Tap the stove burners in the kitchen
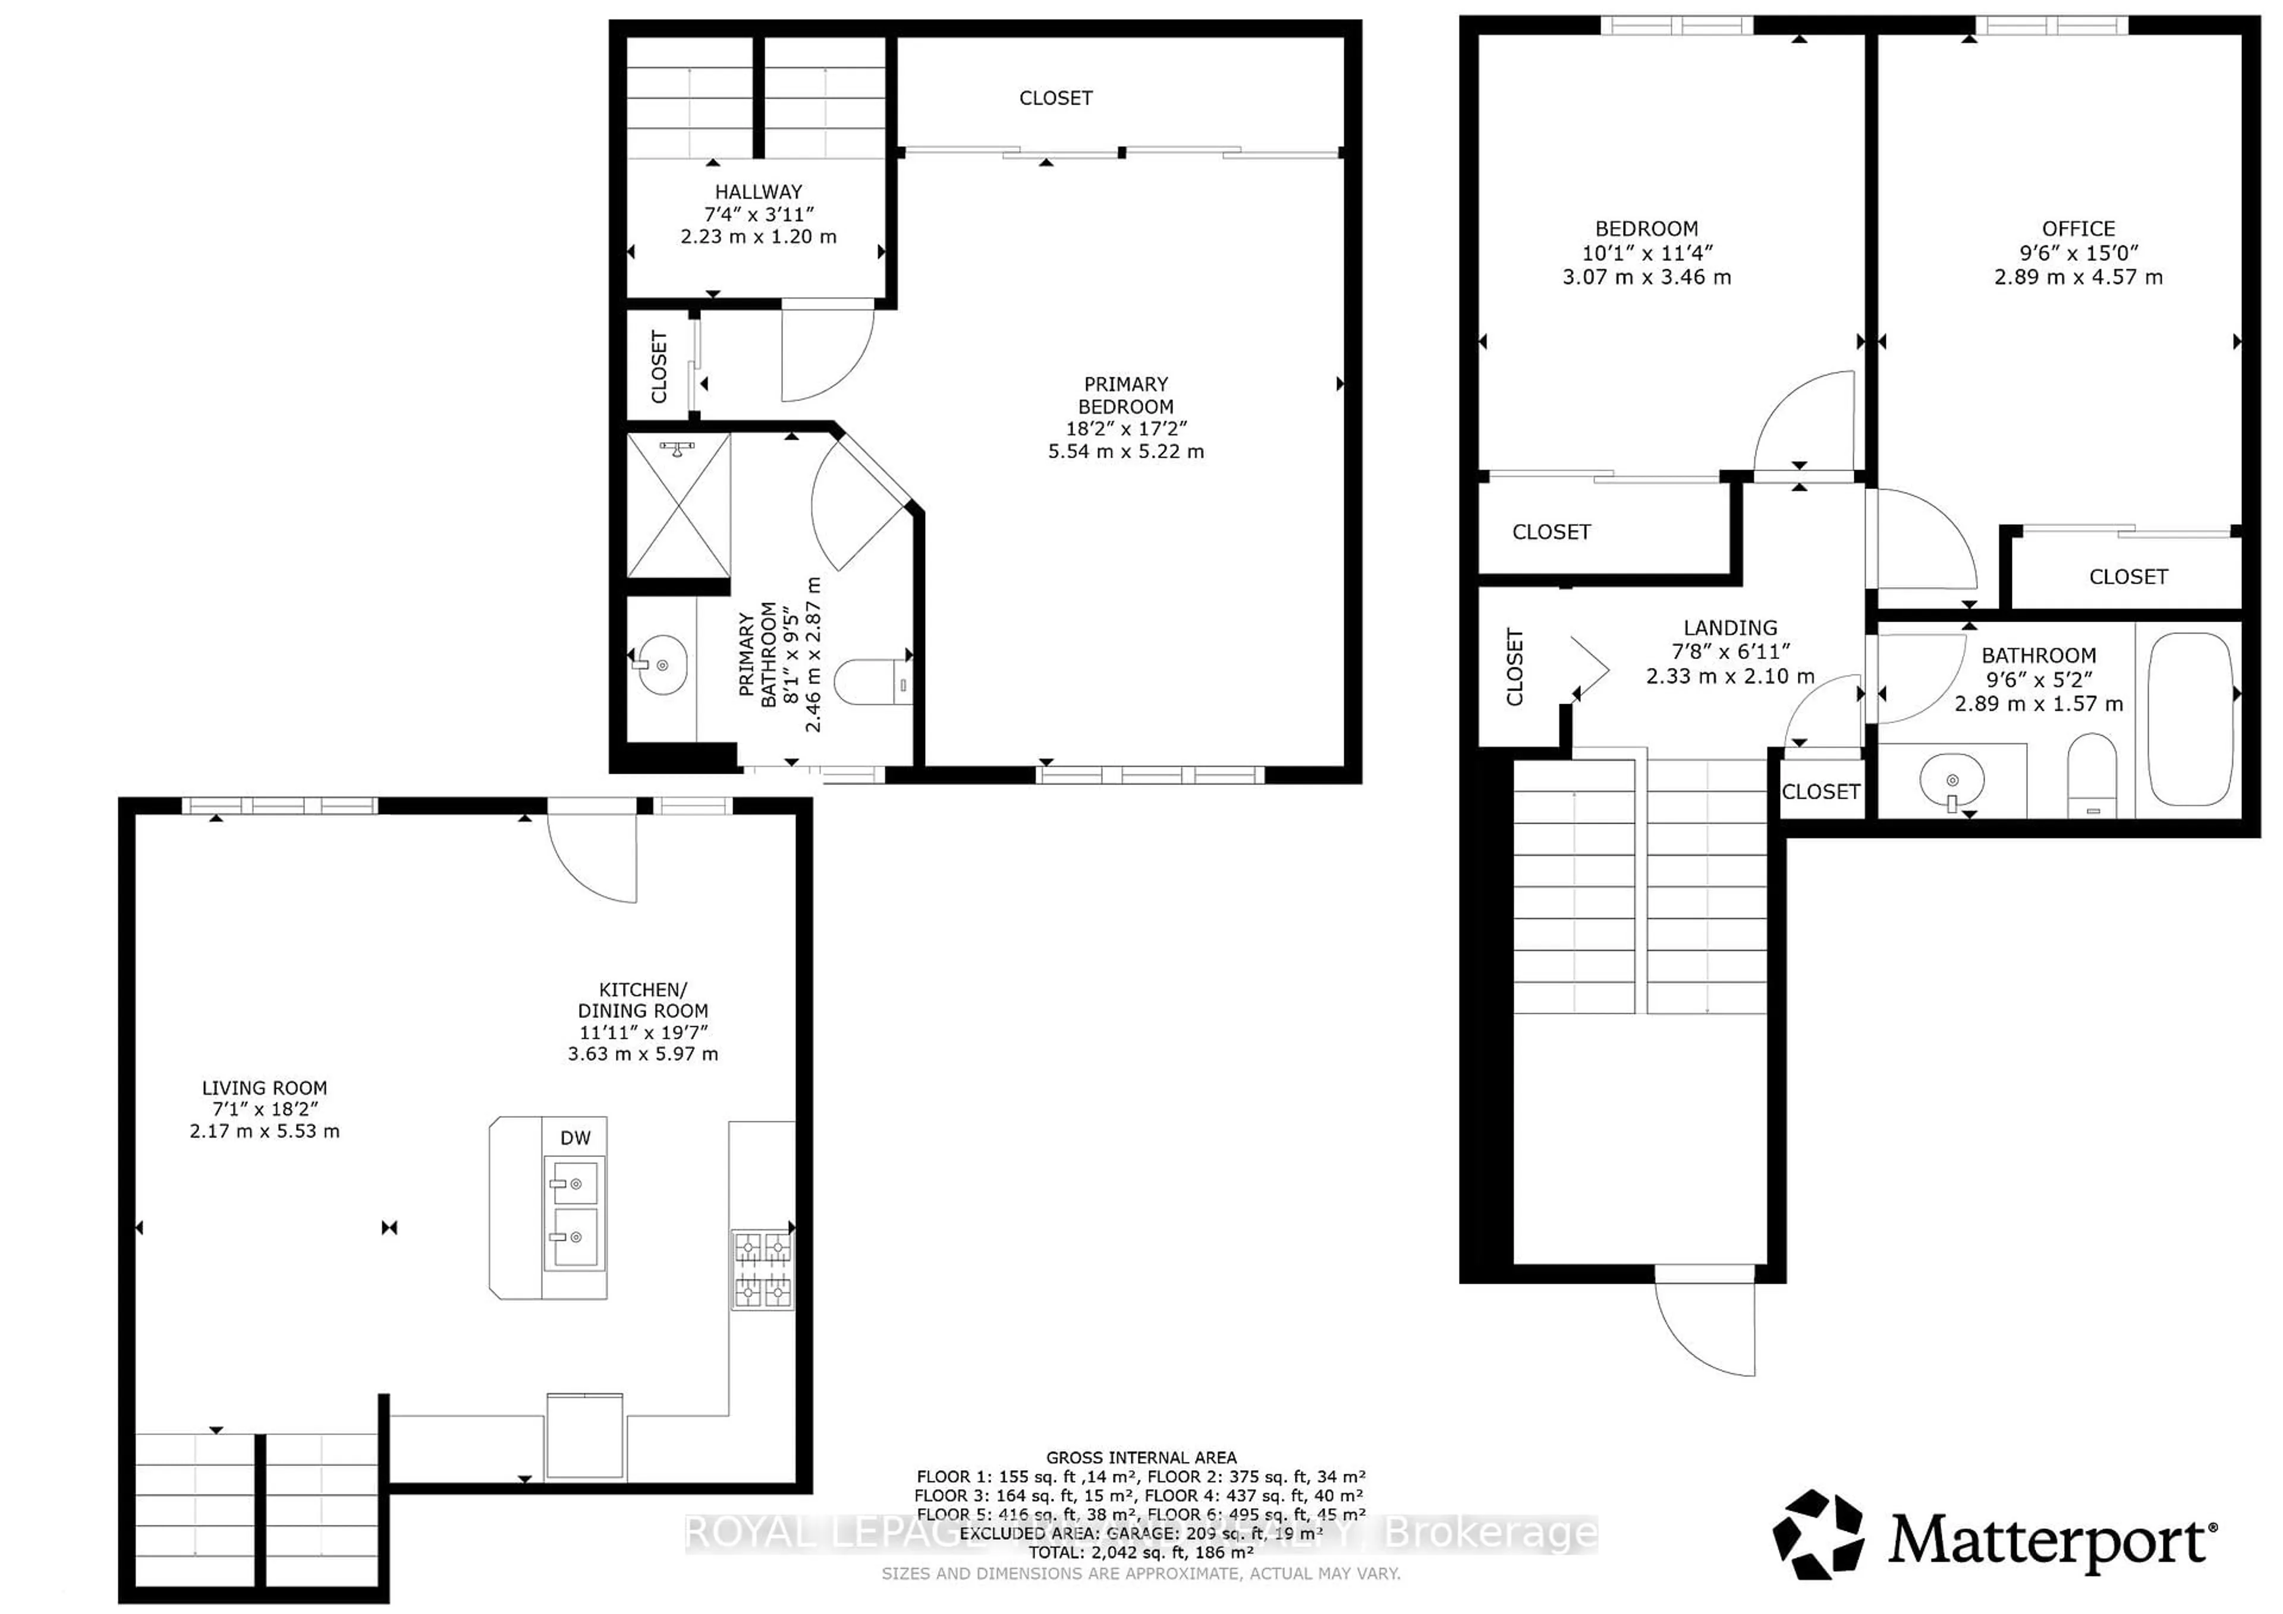click(x=763, y=1270)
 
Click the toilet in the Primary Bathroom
click(x=872, y=683)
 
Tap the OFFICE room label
click(x=2078, y=229)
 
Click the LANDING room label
click(x=1730, y=628)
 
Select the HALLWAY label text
click(x=757, y=192)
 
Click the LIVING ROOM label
click(x=265, y=1088)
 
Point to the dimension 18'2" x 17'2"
click(x=1125, y=428)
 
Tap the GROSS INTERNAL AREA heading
click(x=1140, y=1457)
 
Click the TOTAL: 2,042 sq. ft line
click(x=1140, y=1552)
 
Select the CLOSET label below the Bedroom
click(x=1551, y=532)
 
